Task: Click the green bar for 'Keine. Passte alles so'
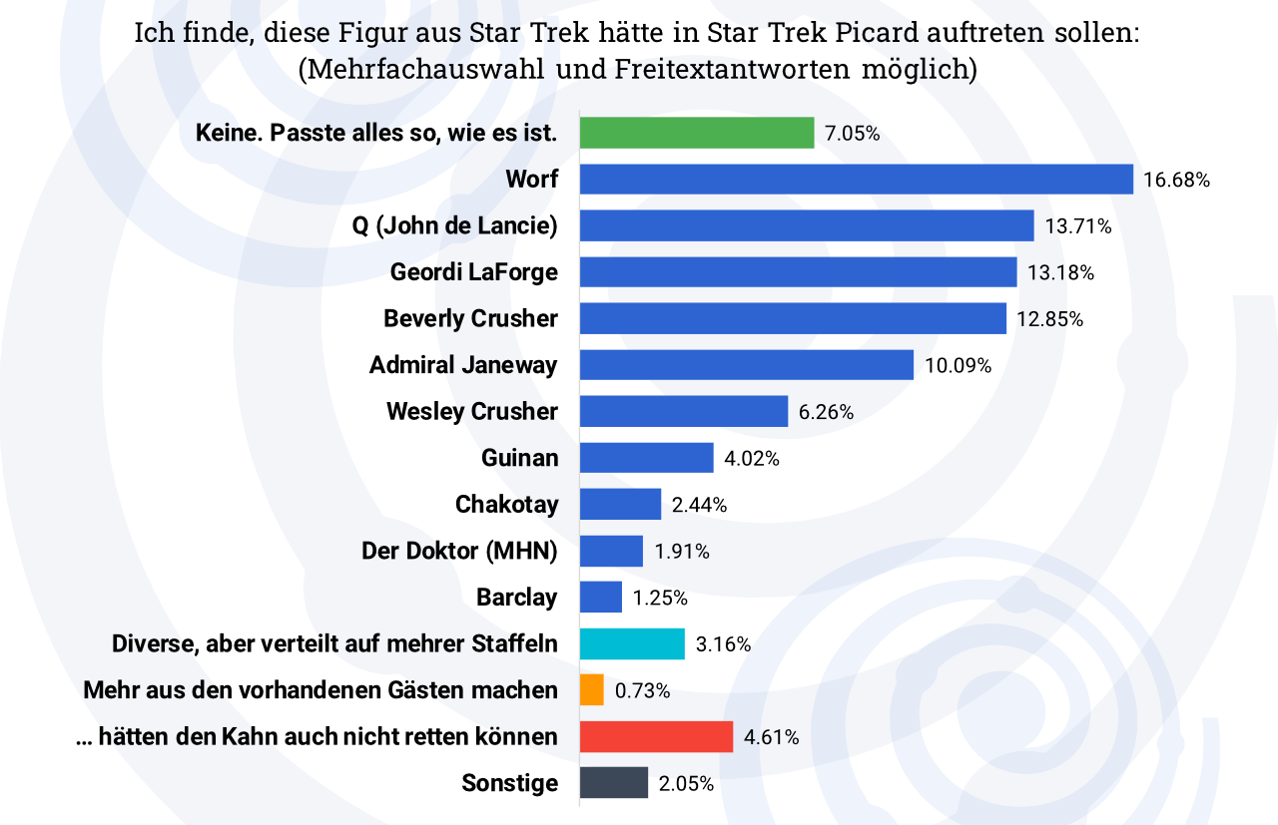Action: [x=697, y=133]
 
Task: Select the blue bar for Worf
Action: [x=856, y=180]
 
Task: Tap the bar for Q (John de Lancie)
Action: [x=806, y=225]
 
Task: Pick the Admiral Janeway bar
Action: [x=746, y=365]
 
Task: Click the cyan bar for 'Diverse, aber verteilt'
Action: [x=632, y=643]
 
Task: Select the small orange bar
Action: [x=592, y=690]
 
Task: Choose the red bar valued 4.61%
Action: [x=656, y=737]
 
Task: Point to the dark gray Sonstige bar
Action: [x=614, y=783]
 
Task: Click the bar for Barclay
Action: [x=601, y=598]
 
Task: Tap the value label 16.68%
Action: [x=1177, y=181]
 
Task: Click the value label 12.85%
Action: [x=1050, y=319]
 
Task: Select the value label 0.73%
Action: [x=642, y=690]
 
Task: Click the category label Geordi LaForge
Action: [x=473, y=272]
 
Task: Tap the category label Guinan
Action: [x=519, y=458]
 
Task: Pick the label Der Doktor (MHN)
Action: [x=459, y=551]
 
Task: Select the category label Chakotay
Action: [x=506, y=505]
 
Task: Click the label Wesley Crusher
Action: [x=471, y=411]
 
